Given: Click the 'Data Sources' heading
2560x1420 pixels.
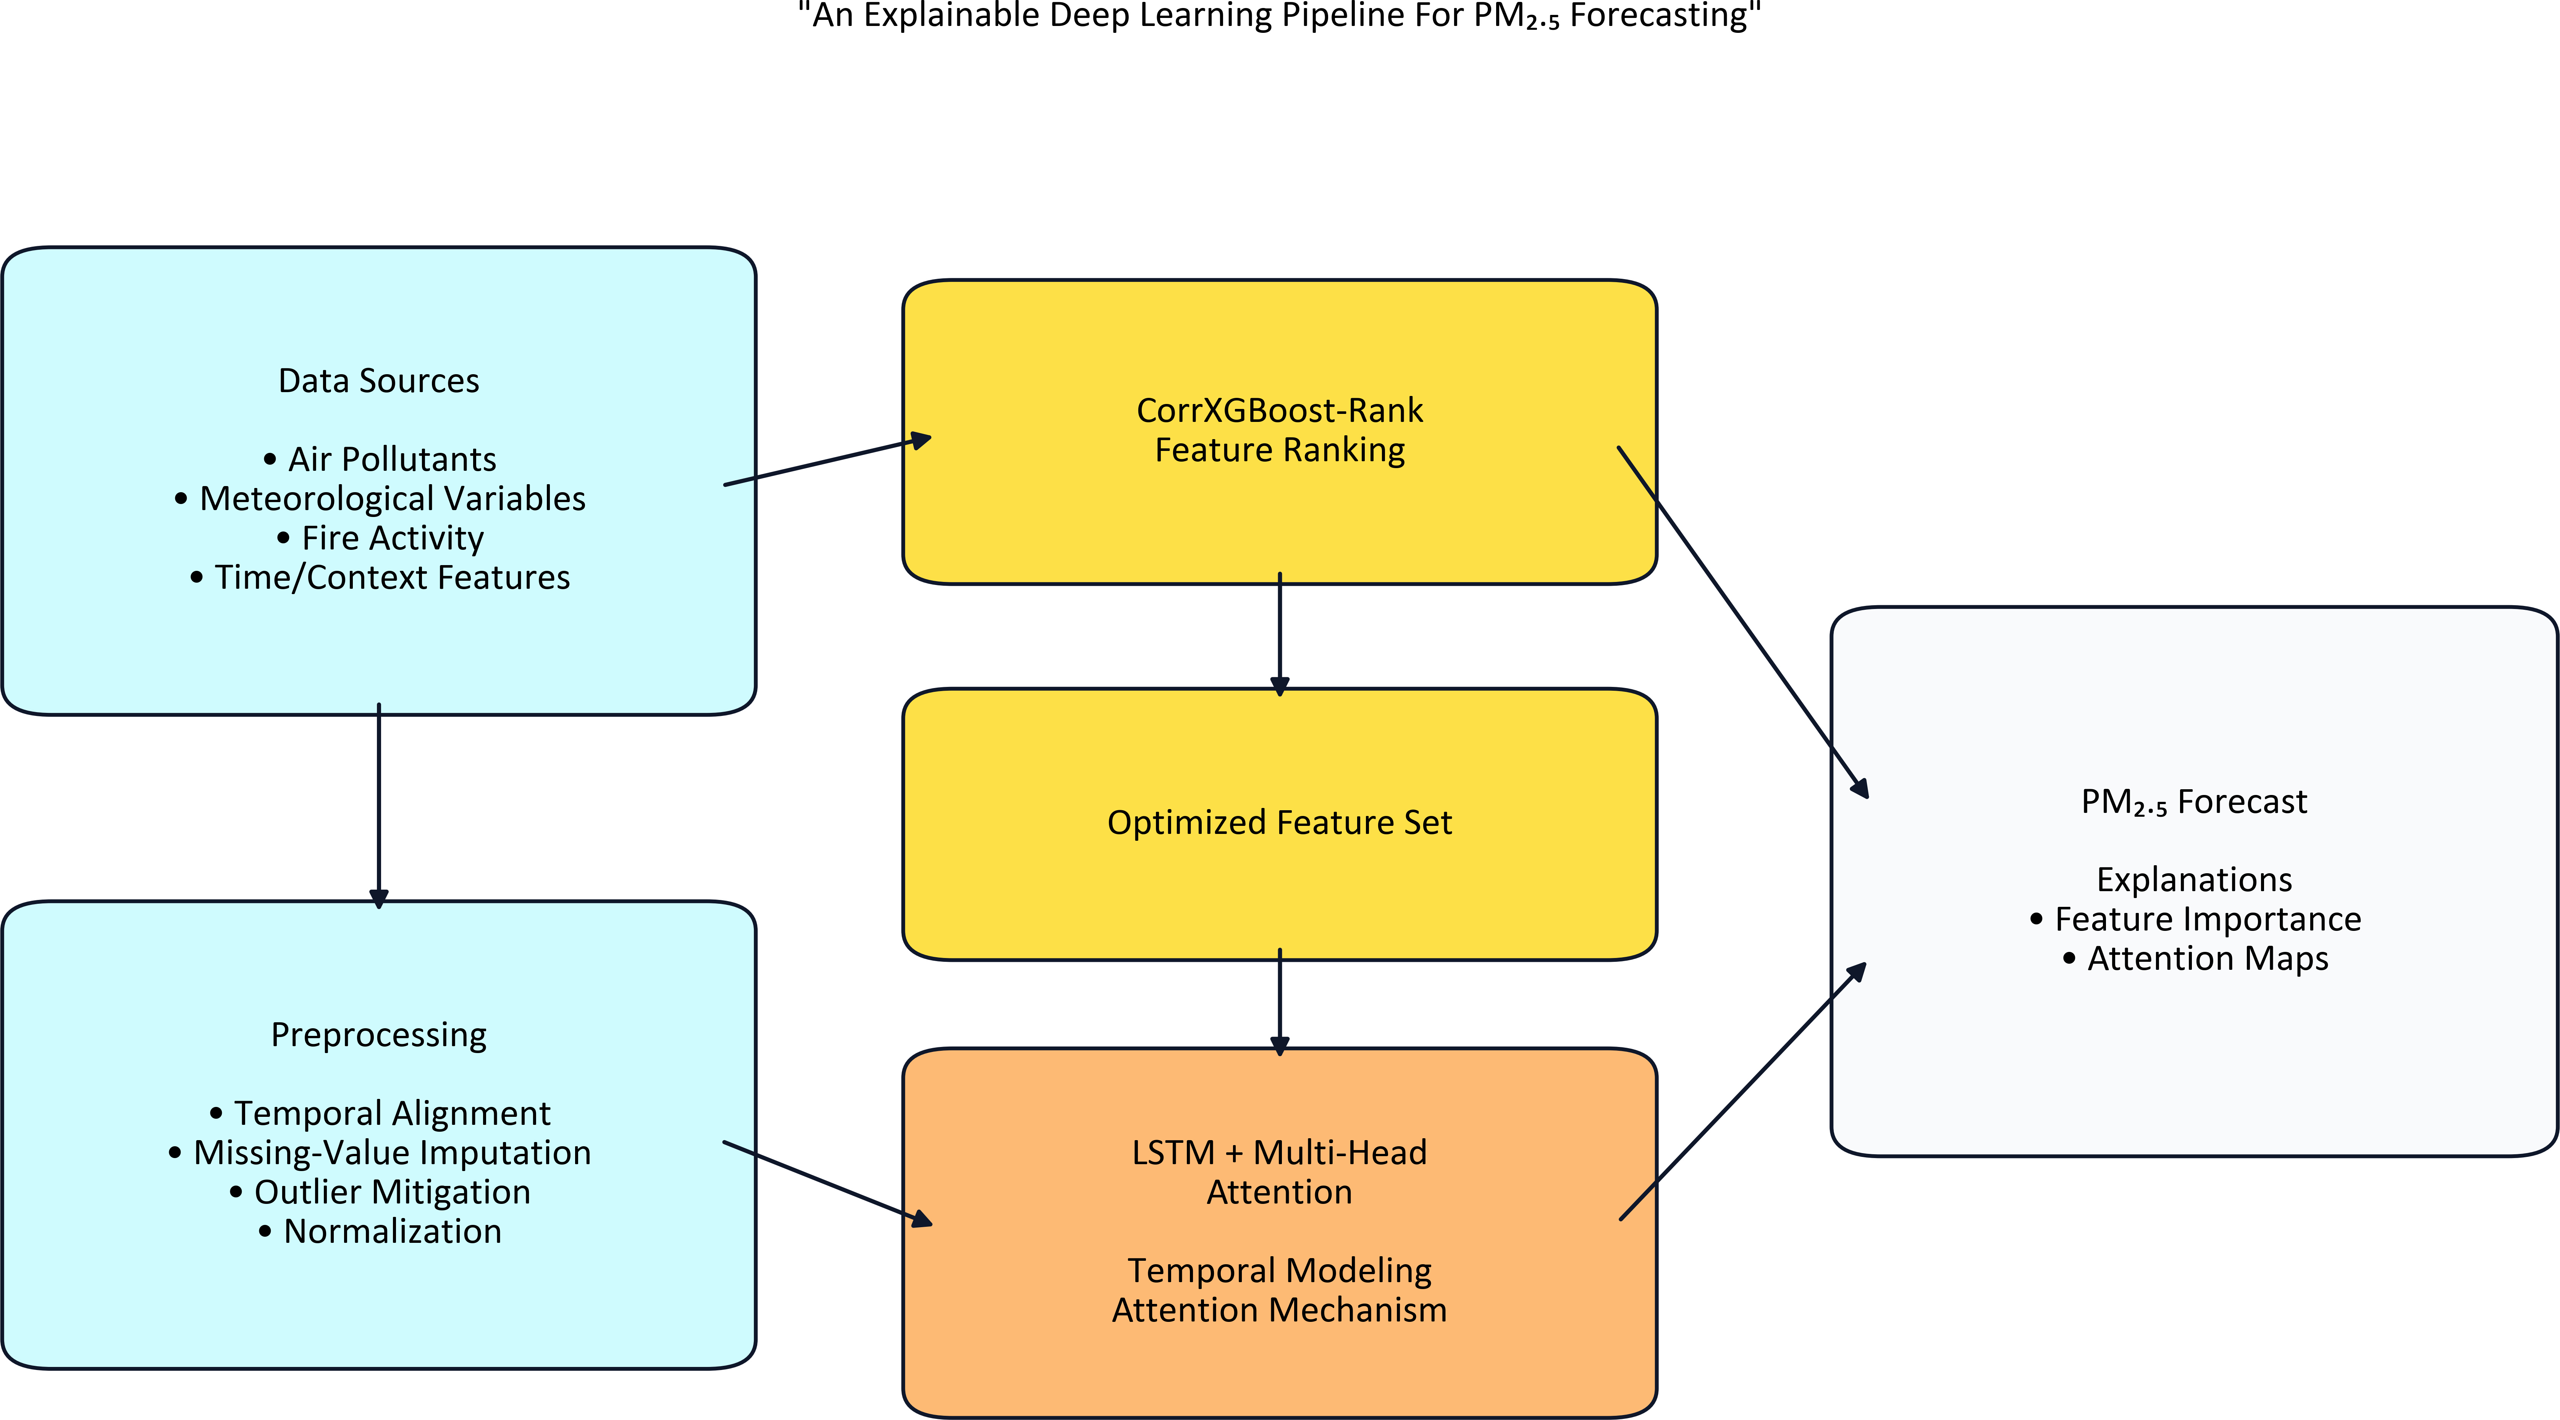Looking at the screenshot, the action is coord(379,381).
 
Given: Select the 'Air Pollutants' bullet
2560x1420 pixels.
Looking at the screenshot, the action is coord(380,459).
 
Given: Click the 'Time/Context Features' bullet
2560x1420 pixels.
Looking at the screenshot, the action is coord(380,577).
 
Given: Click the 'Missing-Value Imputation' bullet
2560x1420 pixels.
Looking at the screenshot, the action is coord(380,1153).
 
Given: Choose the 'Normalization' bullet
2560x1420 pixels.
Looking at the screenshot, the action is coord(380,1231).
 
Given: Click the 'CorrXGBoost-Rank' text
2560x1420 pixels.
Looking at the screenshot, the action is coord(1280,410).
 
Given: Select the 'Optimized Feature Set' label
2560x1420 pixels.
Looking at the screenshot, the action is coord(1280,823).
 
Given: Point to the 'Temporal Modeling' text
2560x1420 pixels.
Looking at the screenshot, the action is coord(1280,1271).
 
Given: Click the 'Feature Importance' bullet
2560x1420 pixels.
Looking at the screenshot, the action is coord(2195,919).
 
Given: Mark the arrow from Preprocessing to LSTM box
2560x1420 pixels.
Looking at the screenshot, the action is coord(828,1184).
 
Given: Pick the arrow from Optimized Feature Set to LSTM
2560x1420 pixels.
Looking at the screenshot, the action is coord(1280,1002).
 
